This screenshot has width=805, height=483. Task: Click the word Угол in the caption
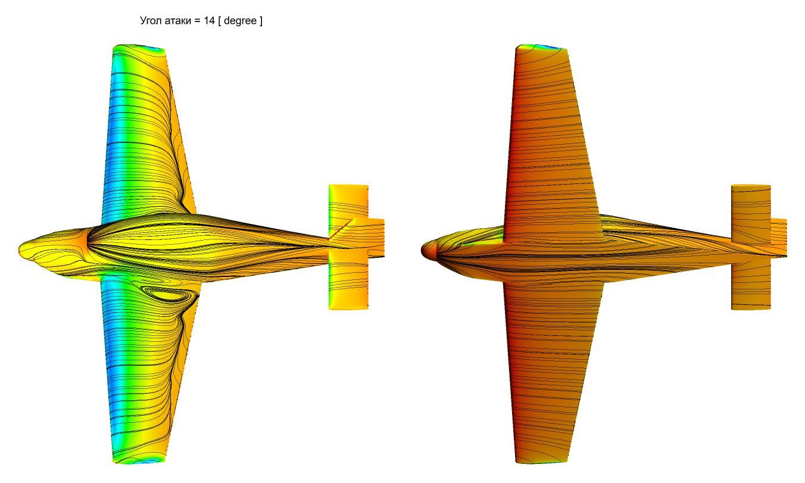[151, 21]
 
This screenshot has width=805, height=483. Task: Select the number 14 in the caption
[209, 20]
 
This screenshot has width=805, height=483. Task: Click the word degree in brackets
[240, 21]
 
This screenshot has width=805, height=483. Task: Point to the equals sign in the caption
[197, 21]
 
